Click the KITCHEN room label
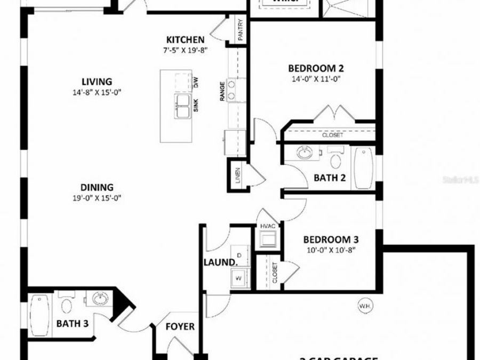pos(185,39)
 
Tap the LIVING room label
pos(97,82)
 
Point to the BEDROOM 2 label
pos(315,68)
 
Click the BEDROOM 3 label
pos(327,239)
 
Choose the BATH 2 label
pos(330,178)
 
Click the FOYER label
pos(180,326)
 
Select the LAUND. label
pos(219,262)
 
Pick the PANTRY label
pos(241,30)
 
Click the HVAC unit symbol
pos(267,241)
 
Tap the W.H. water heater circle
pos(365,306)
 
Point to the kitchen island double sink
pos(182,105)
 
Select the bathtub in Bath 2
pos(364,168)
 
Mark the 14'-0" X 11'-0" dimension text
pos(315,79)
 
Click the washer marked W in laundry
pos(238,277)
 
